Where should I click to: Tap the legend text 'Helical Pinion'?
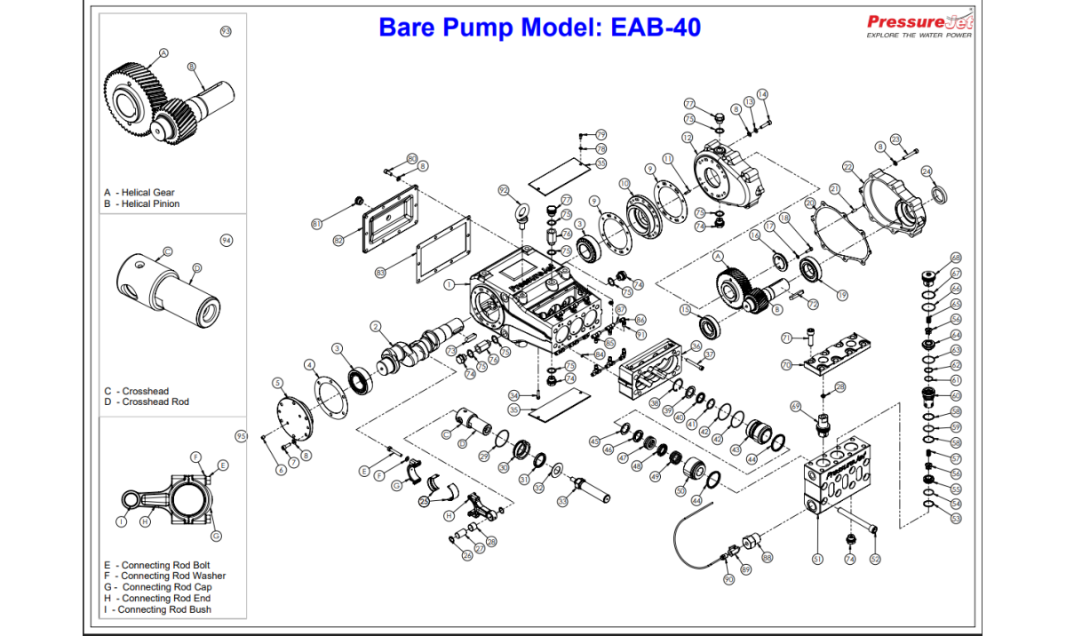click(151, 204)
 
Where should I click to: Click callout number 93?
click(226, 31)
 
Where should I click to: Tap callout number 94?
click(226, 240)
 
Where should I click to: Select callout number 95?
click(240, 435)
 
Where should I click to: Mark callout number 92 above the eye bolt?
click(504, 190)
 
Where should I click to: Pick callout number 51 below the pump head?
click(817, 560)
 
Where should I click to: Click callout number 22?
click(848, 167)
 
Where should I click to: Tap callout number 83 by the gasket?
click(380, 273)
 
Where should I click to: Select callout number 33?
click(562, 502)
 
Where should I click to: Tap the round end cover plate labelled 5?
click(292, 417)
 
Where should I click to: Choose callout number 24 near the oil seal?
click(927, 171)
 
